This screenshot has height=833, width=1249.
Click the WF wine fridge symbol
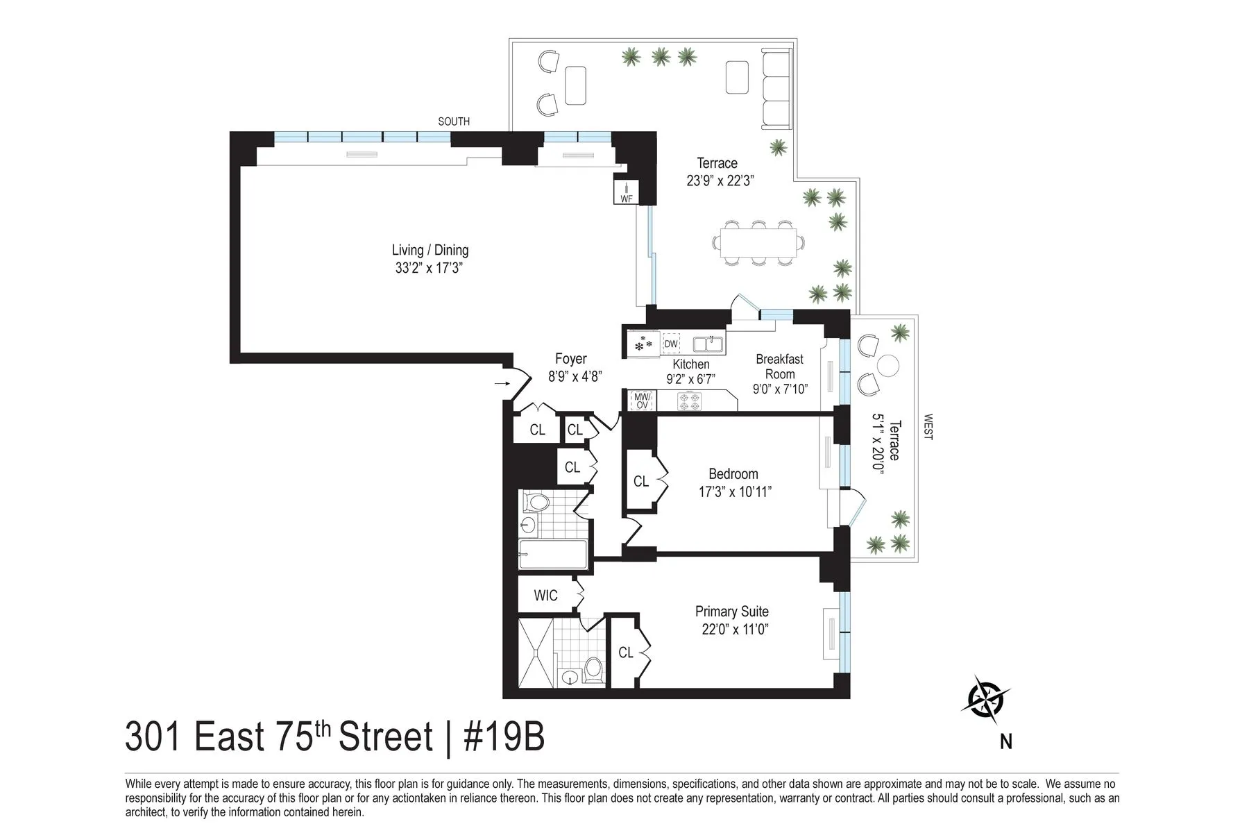tap(626, 192)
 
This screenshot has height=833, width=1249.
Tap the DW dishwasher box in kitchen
tap(671, 344)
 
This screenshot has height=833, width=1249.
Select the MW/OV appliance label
tap(642, 401)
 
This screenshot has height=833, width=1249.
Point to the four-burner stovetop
tap(689, 401)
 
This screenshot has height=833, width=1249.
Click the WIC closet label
tap(545, 596)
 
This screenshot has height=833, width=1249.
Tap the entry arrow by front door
tap(501, 382)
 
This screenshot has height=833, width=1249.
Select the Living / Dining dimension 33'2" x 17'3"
tap(429, 268)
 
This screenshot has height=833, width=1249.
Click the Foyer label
tap(571, 359)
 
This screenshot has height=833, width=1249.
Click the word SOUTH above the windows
tap(454, 121)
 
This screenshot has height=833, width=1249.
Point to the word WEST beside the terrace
tap(928, 427)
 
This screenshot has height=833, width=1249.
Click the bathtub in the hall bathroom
tap(553, 555)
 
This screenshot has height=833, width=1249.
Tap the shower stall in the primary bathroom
tap(536, 652)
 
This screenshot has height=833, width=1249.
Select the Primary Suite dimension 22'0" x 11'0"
tap(735, 630)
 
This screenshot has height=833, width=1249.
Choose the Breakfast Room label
tap(779, 366)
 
